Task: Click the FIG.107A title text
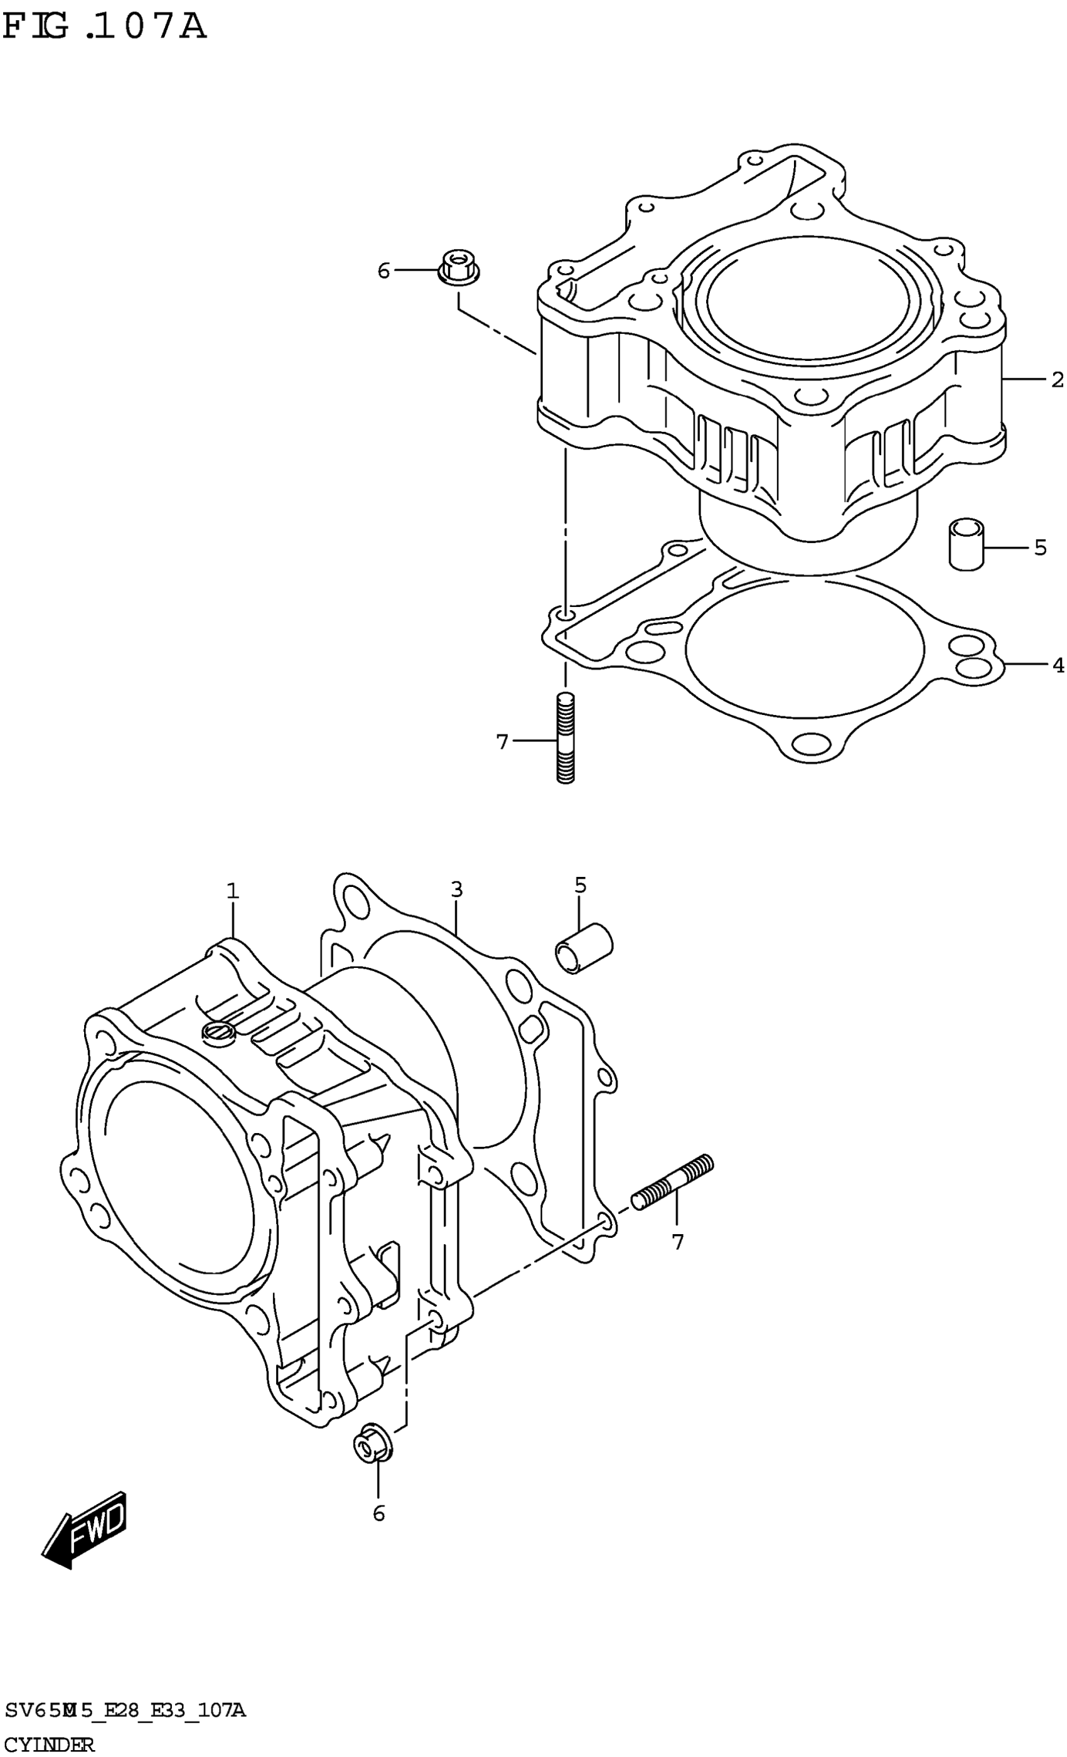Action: click(105, 27)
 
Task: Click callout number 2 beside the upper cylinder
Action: click(1057, 380)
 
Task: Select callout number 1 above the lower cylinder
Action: click(232, 891)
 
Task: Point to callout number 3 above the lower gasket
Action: click(456, 889)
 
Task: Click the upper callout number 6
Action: click(383, 271)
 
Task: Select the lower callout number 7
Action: click(677, 1242)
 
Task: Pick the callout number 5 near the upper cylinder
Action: click(1040, 547)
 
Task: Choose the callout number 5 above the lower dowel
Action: click(580, 885)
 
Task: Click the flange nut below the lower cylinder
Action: click(372, 1446)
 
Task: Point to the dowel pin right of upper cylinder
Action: click(965, 544)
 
